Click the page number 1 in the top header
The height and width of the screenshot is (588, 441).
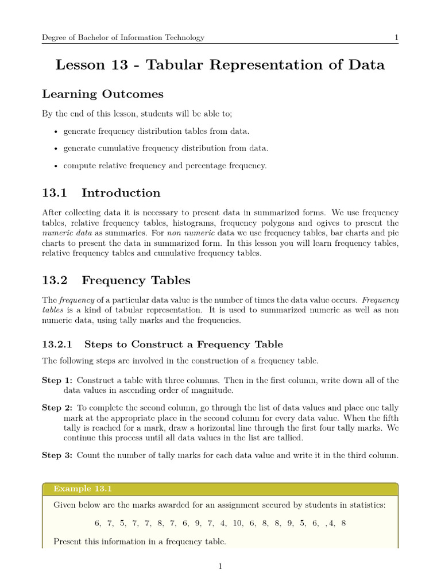click(396, 38)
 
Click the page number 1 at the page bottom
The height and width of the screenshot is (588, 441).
click(220, 566)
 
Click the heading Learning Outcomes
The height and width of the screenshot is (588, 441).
click(103, 94)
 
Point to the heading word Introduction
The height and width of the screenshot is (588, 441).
click(121, 193)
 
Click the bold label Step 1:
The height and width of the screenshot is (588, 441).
click(57, 381)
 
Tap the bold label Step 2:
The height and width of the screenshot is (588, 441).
click(57, 408)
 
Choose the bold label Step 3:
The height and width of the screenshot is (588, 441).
click(57, 455)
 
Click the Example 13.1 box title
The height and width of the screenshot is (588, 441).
click(82, 489)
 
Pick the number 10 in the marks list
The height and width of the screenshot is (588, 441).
click(239, 523)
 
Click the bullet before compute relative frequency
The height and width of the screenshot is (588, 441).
click(55, 166)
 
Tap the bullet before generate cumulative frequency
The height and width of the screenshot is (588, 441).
click(55, 149)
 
